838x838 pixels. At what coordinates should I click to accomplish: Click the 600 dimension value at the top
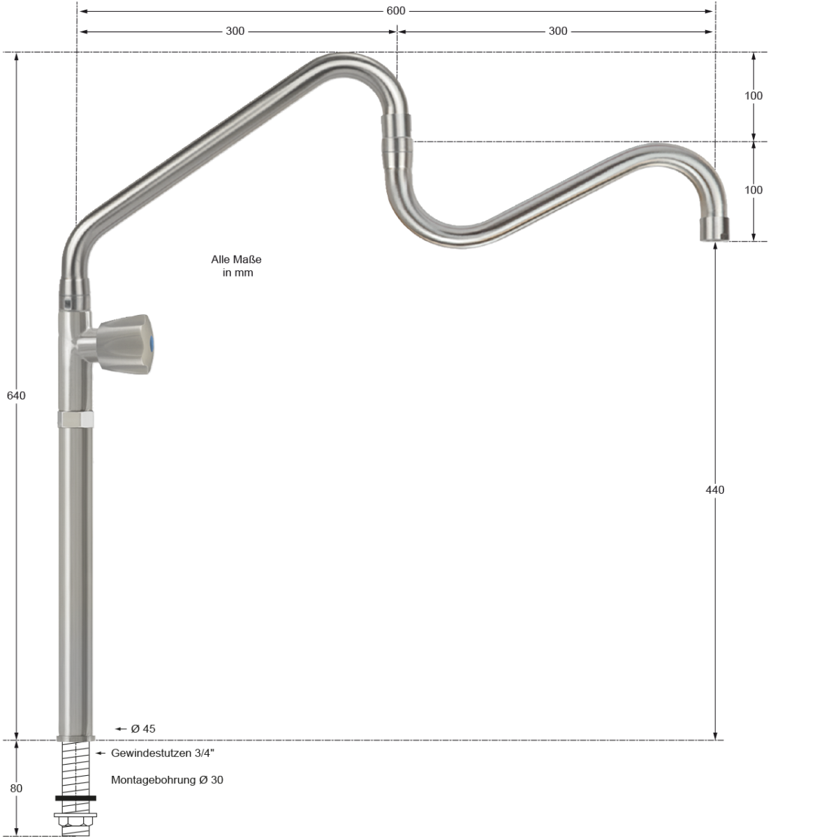pos(396,11)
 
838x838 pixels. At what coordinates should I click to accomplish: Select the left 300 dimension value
pos(235,31)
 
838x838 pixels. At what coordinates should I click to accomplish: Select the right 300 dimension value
pos(558,31)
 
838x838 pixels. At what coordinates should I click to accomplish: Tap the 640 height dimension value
pos(16,396)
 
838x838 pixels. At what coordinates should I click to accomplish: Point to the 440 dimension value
pos(715,490)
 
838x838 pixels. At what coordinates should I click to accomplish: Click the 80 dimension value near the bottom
pos(16,788)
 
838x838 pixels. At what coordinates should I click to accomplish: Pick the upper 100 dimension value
pos(754,96)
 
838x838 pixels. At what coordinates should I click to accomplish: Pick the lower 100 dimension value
pos(754,190)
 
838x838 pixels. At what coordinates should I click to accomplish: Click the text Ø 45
pos(143,729)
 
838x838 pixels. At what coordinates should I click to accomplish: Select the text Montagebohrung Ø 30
pos(167,780)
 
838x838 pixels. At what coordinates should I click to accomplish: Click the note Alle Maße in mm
pos(237,266)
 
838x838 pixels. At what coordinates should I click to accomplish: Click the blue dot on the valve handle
pos(153,343)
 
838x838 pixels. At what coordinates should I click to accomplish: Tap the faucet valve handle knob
pos(124,343)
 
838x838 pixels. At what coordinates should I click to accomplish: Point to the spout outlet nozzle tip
pos(715,229)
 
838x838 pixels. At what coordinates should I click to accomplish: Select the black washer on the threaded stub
pos(75,797)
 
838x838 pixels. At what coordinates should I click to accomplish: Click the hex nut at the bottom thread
pos(75,818)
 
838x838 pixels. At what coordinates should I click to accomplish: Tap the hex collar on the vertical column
pos(75,420)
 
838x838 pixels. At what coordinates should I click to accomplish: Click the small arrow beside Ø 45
pos(121,729)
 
